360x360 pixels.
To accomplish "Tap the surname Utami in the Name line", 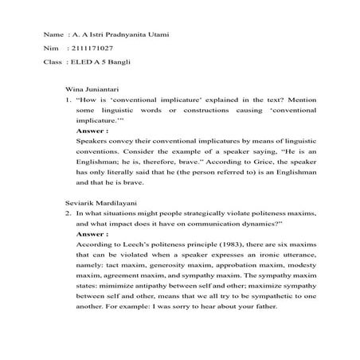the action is tap(156, 36).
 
